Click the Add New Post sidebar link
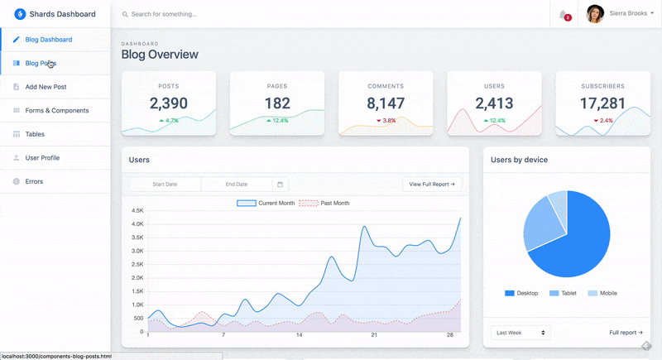(x=46, y=87)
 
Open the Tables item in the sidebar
(x=35, y=134)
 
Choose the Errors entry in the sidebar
(x=34, y=181)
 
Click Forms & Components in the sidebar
(x=56, y=110)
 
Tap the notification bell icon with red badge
(x=564, y=14)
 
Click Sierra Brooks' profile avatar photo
(x=595, y=14)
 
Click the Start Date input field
(x=165, y=184)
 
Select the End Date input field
(x=237, y=184)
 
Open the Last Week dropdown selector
(x=520, y=332)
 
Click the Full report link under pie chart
(x=626, y=332)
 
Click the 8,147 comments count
(x=386, y=103)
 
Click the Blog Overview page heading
(x=160, y=55)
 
